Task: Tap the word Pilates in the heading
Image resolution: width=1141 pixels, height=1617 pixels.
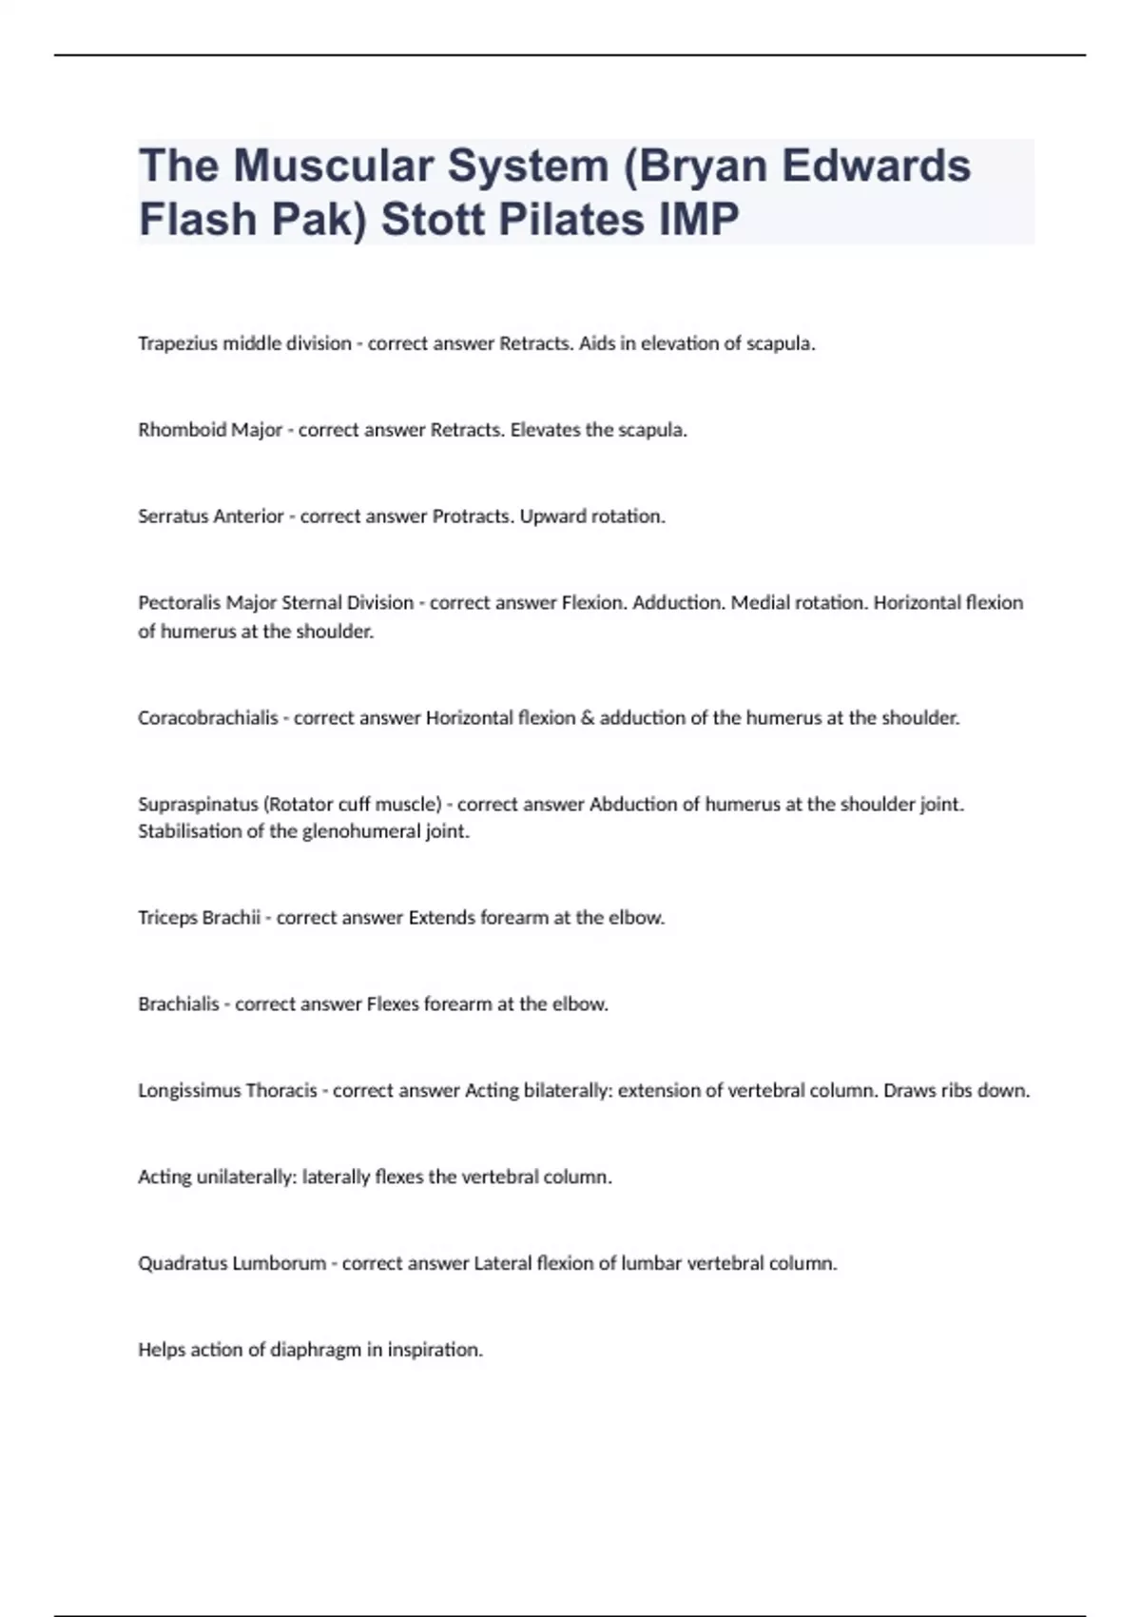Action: point(560,220)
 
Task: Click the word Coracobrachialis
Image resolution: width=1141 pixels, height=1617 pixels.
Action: point(207,718)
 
